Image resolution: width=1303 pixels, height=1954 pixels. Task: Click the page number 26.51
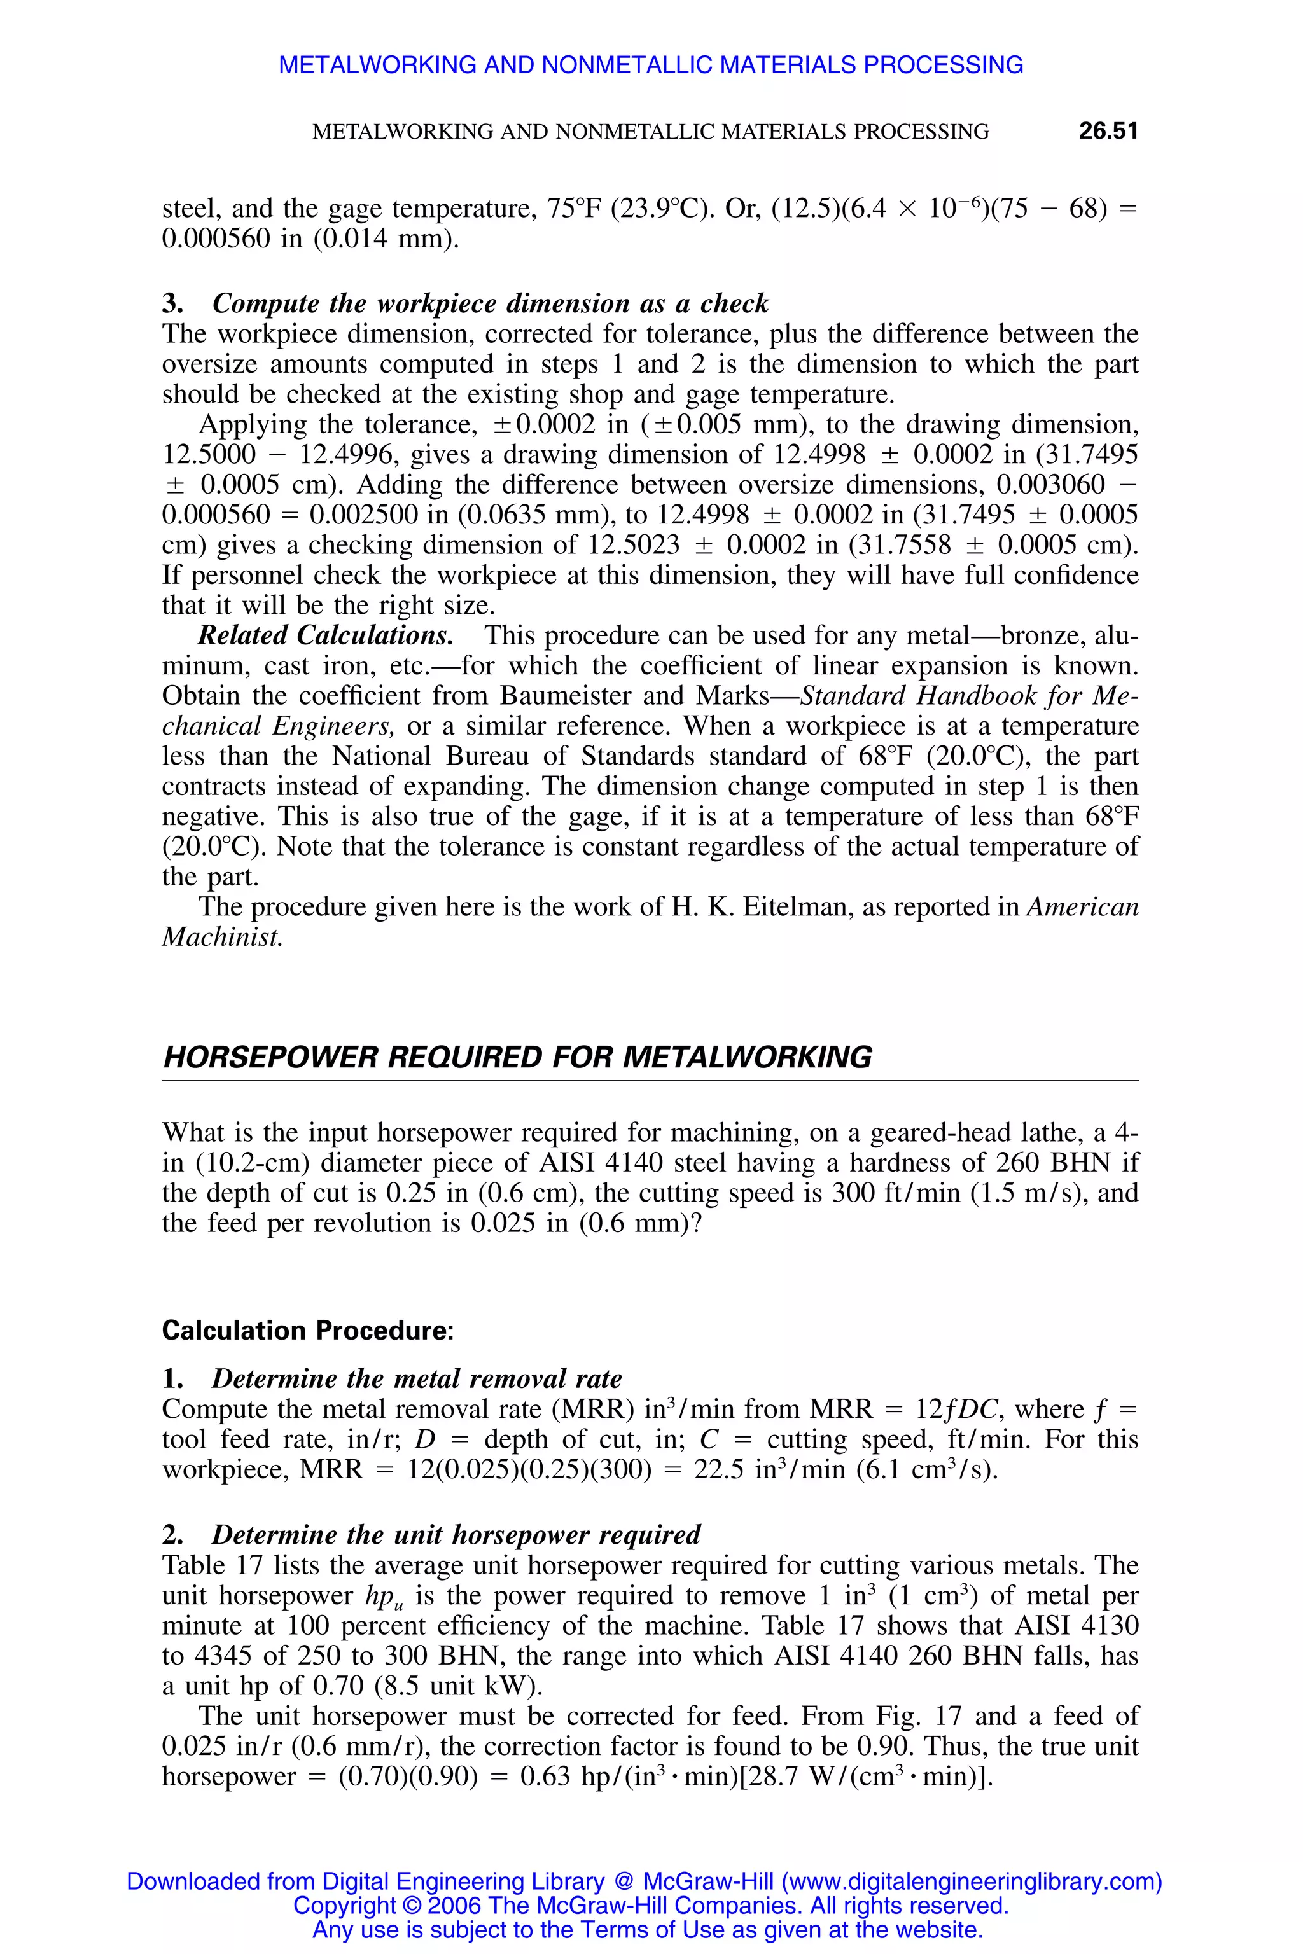pyautogui.click(x=1108, y=131)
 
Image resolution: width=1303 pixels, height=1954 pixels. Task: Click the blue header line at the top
pyautogui.click(x=651, y=65)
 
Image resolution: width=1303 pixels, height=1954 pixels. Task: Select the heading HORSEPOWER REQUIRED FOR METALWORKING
pyautogui.click(x=517, y=1058)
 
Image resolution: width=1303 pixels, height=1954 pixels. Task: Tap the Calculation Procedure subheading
pyautogui.click(x=307, y=1330)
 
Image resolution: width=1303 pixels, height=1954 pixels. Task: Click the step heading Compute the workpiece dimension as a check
pyautogui.click(x=491, y=303)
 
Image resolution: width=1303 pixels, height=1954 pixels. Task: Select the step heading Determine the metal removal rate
pyautogui.click(x=416, y=1378)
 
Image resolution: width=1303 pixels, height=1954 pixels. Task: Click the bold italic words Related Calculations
pyautogui.click(x=326, y=635)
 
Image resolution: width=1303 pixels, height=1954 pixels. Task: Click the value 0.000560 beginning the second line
pyautogui.click(x=216, y=239)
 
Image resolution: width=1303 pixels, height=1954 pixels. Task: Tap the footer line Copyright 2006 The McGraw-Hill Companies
pyautogui.click(x=651, y=1906)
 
